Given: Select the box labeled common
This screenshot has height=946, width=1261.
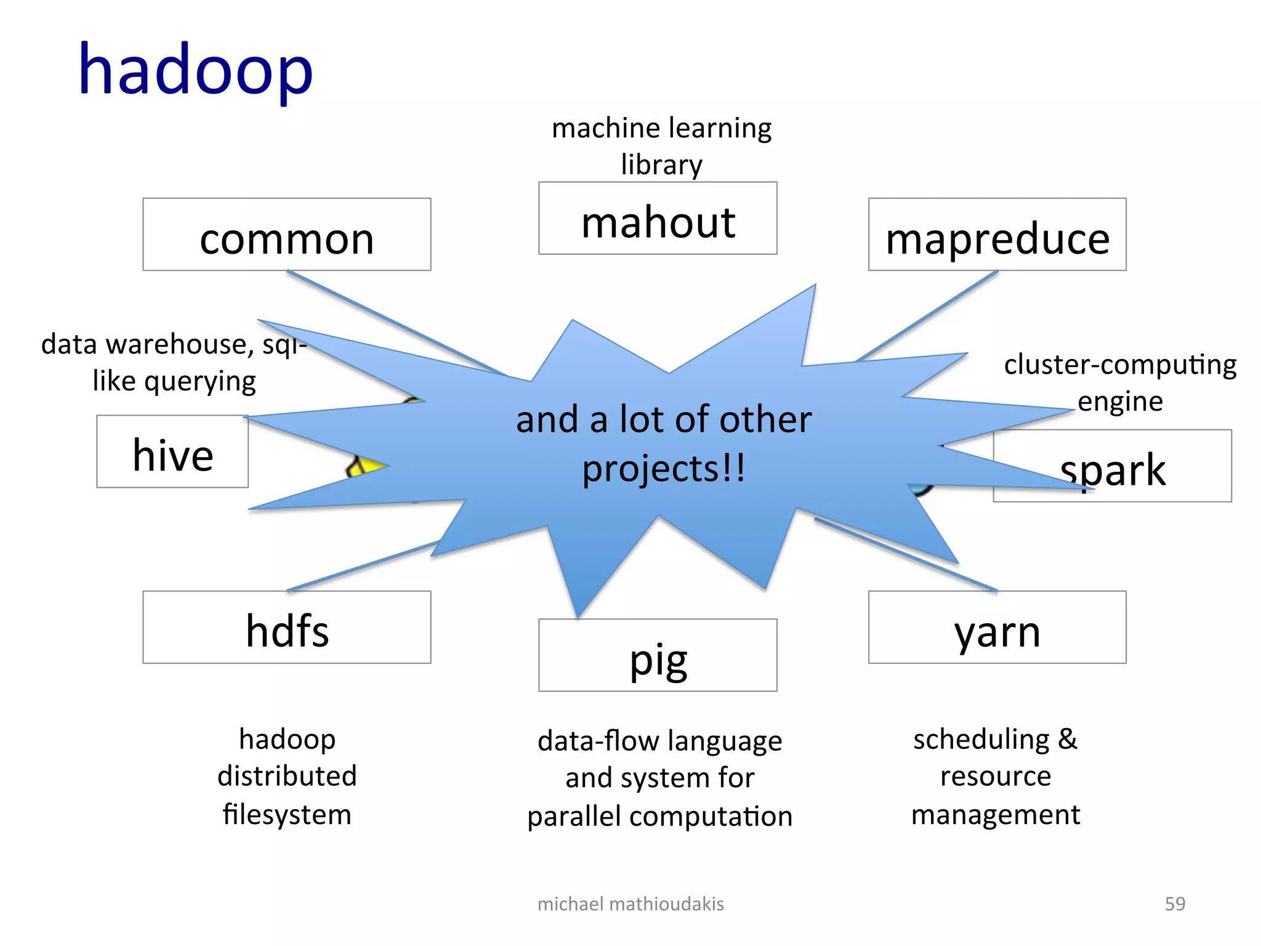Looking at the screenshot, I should pyautogui.click(x=287, y=235).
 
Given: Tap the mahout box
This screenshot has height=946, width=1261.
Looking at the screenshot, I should pyautogui.click(x=658, y=219).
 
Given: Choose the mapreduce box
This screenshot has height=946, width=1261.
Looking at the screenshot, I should pyautogui.click(x=997, y=235).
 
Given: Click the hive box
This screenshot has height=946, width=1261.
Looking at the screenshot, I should pyautogui.click(x=172, y=452).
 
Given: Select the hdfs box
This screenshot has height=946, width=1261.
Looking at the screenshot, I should pyautogui.click(x=287, y=628).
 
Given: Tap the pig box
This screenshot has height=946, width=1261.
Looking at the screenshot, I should pyautogui.click(x=658, y=655).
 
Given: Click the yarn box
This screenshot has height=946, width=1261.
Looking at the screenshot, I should pyautogui.click(x=997, y=628).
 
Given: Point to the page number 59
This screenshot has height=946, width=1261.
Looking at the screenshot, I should pyautogui.click(x=1175, y=904).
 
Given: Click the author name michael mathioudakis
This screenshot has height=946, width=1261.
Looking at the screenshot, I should pyautogui.click(x=630, y=904).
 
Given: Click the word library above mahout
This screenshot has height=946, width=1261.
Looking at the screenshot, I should pyautogui.click(x=661, y=164).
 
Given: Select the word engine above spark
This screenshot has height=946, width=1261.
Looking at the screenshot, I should pyautogui.click(x=1120, y=402).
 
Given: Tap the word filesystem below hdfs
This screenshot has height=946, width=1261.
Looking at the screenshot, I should pyautogui.click(x=287, y=814).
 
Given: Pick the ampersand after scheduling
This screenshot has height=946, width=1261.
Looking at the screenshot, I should pyautogui.click(x=1068, y=738).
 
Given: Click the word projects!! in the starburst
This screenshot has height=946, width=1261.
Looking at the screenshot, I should pyautogui.click(x=664, y=469).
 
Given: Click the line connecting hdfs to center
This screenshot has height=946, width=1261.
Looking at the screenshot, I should pyautogui.click(x=363, y=566).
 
